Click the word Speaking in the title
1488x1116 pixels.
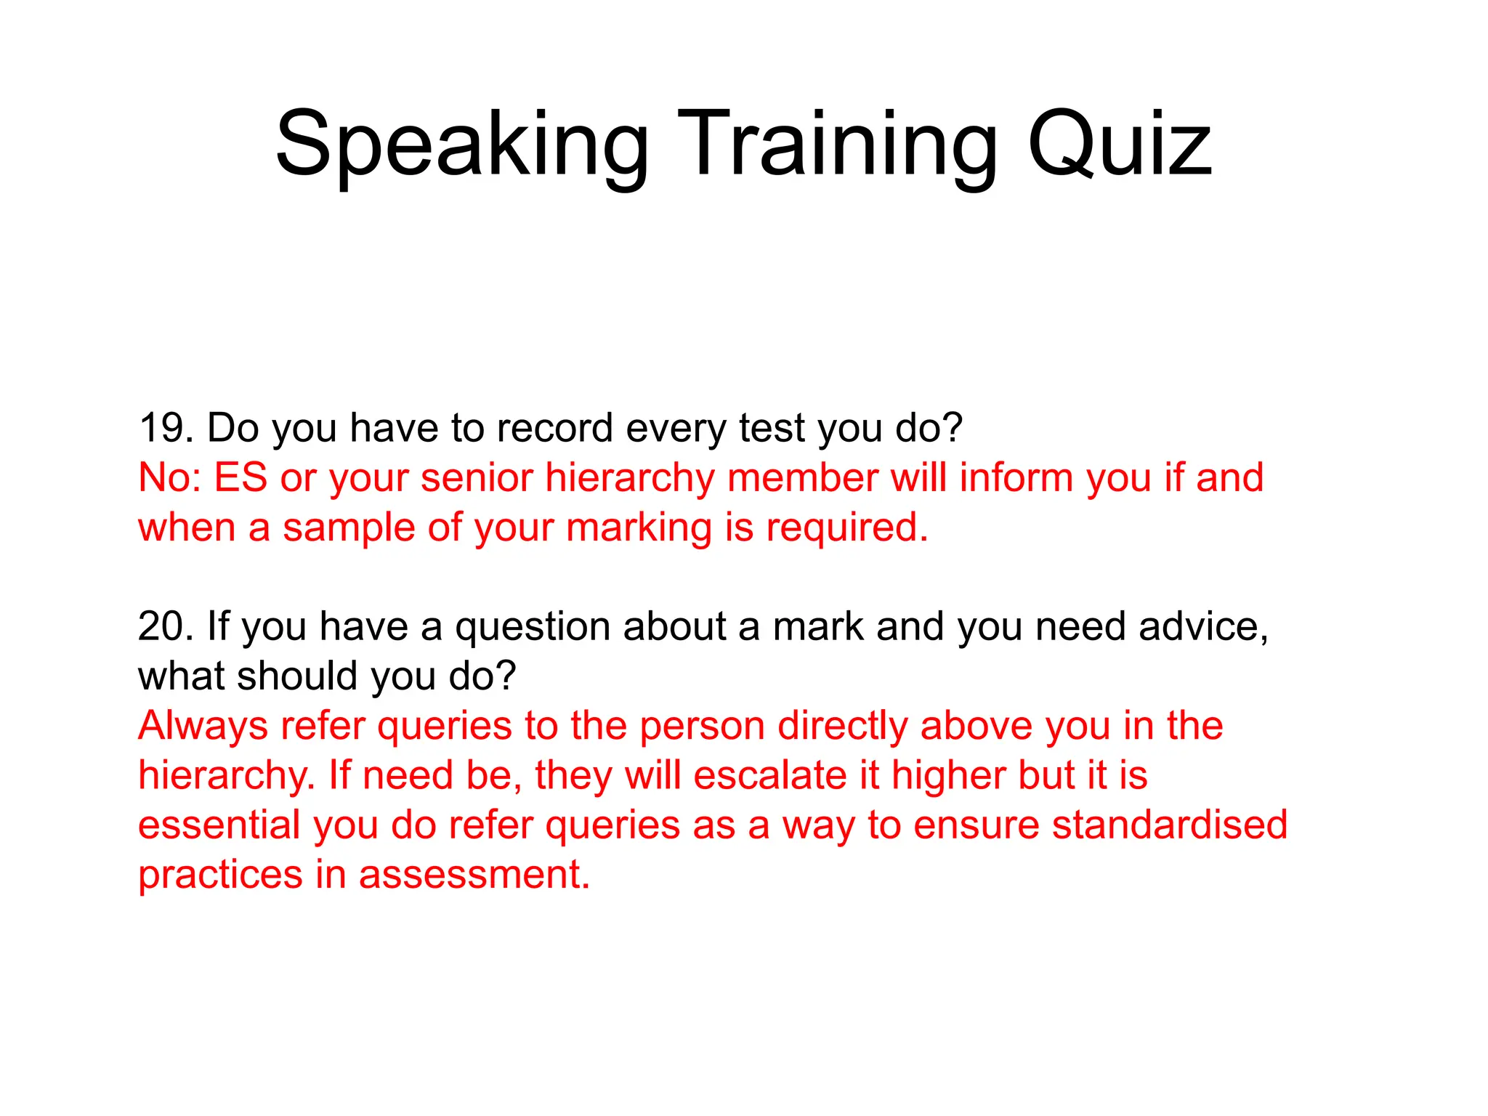(x=462, y=145)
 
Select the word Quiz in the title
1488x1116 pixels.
(x=1119, y=145)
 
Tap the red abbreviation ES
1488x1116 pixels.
(x=240, y=478)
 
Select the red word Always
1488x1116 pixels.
(x=203, y=726)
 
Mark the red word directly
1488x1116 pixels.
(x=843, y=726)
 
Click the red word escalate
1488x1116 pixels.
(x=770, y=775)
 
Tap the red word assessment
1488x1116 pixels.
(x=474, y=875)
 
